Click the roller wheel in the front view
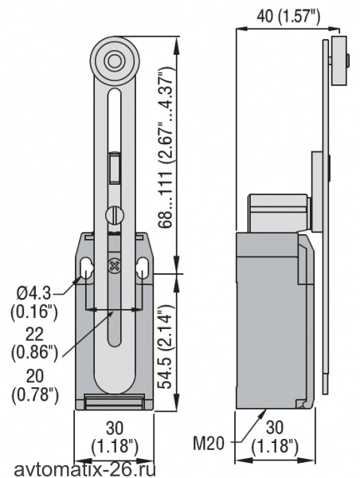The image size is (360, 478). pos(115,61)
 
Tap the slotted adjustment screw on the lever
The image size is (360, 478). pos(115,216)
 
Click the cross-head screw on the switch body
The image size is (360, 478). pos(115,265)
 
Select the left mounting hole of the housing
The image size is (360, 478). pos(87,268)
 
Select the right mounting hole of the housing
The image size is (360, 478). pos(142,268)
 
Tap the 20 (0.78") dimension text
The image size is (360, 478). pos(35,386)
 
